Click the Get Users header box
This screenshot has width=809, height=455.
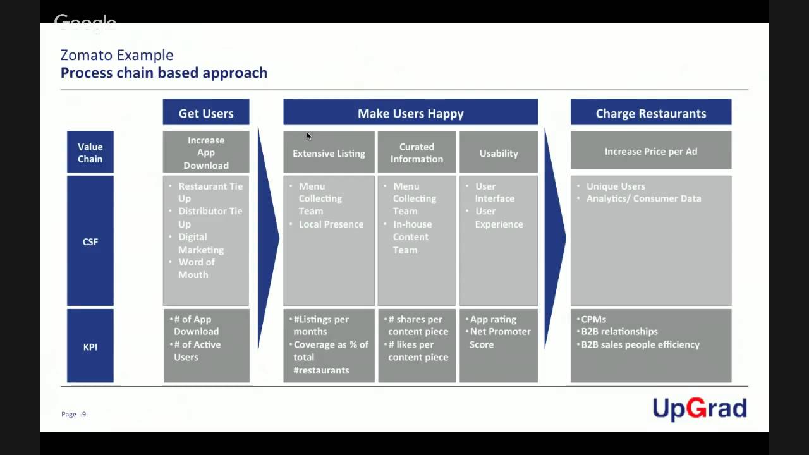tap(206, 113)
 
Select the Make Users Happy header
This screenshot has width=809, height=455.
tap(410, 113)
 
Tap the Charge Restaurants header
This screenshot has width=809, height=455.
tap(650, 113)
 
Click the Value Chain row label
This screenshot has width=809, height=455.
tap(90, 152)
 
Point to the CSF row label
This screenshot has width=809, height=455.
tap(90, 241)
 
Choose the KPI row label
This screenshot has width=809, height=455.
tap(90, 346)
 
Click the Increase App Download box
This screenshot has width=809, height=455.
tap(206, 152)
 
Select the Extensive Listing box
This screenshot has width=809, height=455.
tap(329, 153)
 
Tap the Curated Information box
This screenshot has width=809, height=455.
tap(417, 153)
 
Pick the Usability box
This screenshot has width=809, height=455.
tap(499, 153)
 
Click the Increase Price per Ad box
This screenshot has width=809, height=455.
tap(650, 152)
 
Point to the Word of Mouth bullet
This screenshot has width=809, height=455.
tap(196, 269)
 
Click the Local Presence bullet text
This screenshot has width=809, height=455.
tap(331, 224)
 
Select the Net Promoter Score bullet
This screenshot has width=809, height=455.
tap(499, 338)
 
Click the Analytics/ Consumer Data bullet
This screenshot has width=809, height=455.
tap(643, 198)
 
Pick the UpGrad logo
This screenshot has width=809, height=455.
tap(700, 409)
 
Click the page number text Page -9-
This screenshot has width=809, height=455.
tap(75, 414)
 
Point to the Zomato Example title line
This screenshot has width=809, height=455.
tap(117, 55)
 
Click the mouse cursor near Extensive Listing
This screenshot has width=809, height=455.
tap(309, 135)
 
